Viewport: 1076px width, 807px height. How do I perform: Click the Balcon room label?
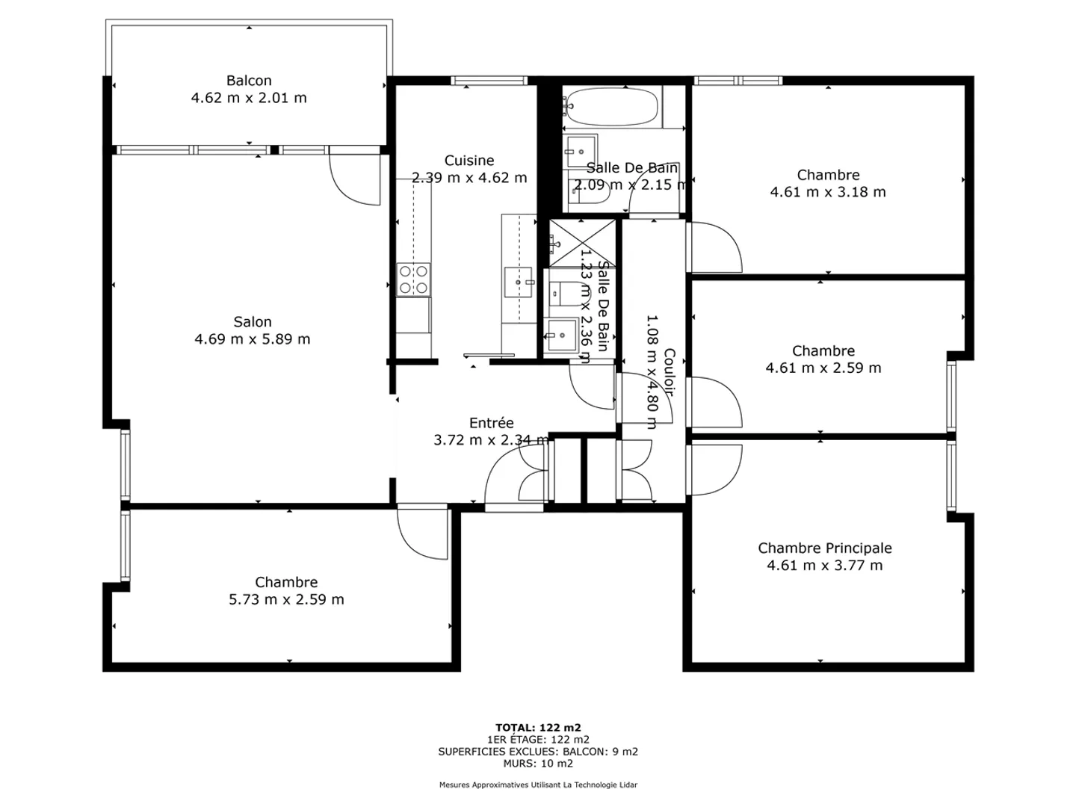[249, 81]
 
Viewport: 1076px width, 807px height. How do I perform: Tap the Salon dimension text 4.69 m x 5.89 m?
[252, 338]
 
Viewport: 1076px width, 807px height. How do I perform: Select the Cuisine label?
[469, 160]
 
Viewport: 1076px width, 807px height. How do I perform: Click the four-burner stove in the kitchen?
[413, 279]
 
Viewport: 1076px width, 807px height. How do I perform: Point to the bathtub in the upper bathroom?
[610, 106]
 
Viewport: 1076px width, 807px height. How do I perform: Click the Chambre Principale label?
[824, 548]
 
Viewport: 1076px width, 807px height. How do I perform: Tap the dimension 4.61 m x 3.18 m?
[828, 191]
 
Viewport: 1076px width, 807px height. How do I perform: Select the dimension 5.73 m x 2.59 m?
[286, 599]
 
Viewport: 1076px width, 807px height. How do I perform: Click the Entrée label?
[491, 422]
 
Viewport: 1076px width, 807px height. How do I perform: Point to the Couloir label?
[669, 372]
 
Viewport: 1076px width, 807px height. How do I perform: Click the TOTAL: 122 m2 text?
[538, 728]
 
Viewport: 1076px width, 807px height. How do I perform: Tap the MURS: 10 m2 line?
[538, 763]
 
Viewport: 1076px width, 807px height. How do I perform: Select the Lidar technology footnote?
[538, 785]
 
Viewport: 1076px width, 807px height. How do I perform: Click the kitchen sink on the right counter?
[519, 282]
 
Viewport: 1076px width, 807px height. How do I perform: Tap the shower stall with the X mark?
[582, 243]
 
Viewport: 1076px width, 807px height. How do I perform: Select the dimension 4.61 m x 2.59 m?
[823, 368]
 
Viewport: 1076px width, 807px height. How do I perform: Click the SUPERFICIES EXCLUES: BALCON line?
[538, 751]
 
